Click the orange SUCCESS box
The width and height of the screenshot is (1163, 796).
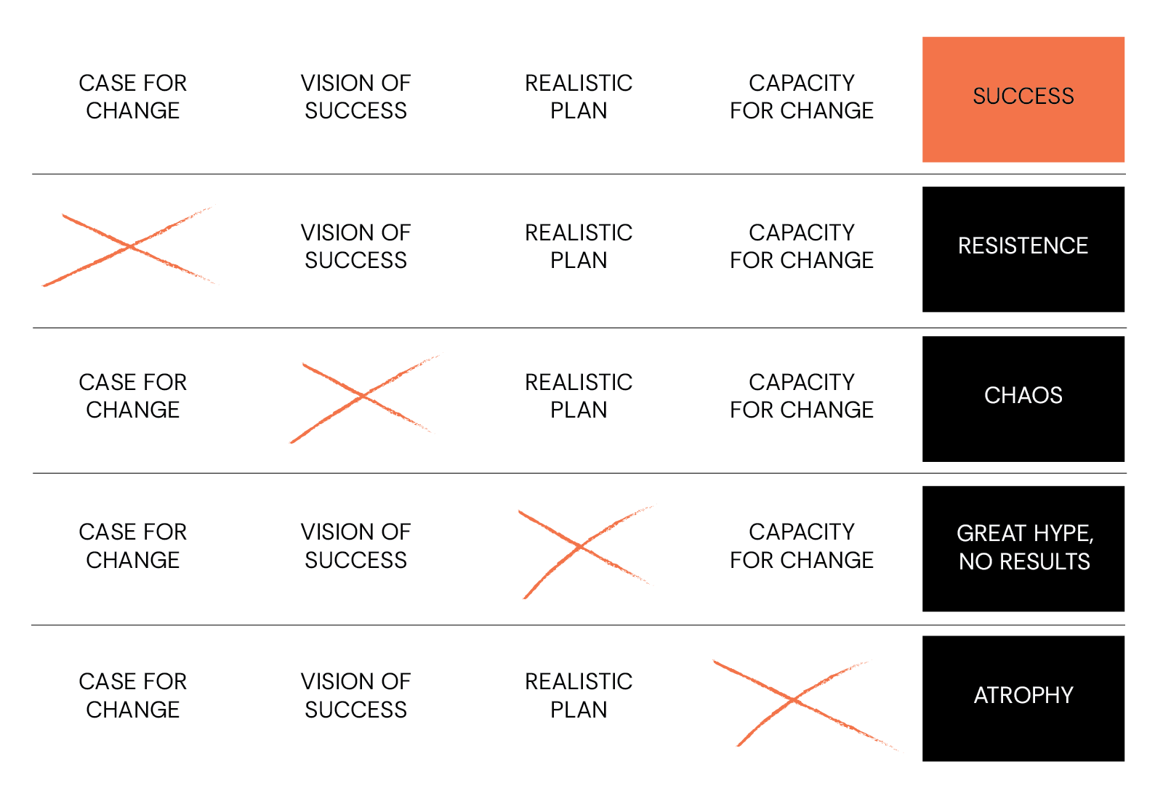point(1023,99)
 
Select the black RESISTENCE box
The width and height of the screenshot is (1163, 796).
point(1023,249)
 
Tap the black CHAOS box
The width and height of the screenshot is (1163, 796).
point(1023,399)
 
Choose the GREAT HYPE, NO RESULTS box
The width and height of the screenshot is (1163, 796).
point(1023,548)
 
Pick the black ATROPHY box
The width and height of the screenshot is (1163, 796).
point(1023,698)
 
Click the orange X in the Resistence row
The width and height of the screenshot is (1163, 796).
point(130,247)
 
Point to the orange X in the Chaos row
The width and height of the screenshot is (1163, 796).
point(363,397)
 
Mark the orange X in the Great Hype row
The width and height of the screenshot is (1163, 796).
point(581,546)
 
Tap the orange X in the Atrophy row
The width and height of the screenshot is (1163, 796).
point(794,701)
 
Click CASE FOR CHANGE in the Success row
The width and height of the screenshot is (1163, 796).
point(132,97)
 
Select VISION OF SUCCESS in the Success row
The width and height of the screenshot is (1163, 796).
point(355,97)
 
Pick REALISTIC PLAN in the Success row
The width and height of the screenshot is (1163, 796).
point(579,97)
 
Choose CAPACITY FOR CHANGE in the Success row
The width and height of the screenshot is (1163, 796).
point(801,97)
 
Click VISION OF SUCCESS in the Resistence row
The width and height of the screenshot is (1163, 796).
point(355,246)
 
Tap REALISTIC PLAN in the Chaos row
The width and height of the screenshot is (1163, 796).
point(579,396)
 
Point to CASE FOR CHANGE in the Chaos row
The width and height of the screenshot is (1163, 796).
point(132,396)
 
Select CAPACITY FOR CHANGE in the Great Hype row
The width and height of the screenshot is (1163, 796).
point(801,545)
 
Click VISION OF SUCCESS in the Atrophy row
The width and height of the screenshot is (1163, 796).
point(355,695)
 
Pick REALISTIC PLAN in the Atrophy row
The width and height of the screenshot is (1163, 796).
point(579,695)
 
